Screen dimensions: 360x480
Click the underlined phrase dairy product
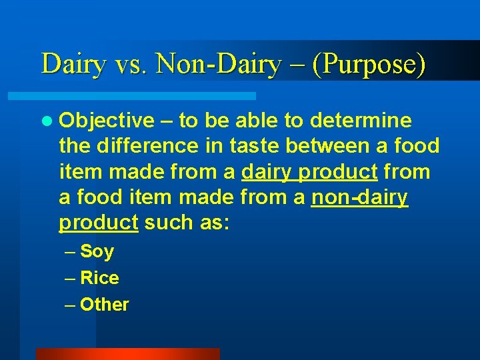(x=309, y=172)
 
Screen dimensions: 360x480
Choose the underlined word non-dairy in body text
(x=359, y=197)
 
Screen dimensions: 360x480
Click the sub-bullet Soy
(x=97, y=252)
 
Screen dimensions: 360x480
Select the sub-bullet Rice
(x=99, y=278)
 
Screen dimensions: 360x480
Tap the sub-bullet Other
(x=104, y=305)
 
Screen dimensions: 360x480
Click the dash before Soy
(x=71, y=252)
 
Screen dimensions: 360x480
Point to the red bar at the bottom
(x=127, y=353)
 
